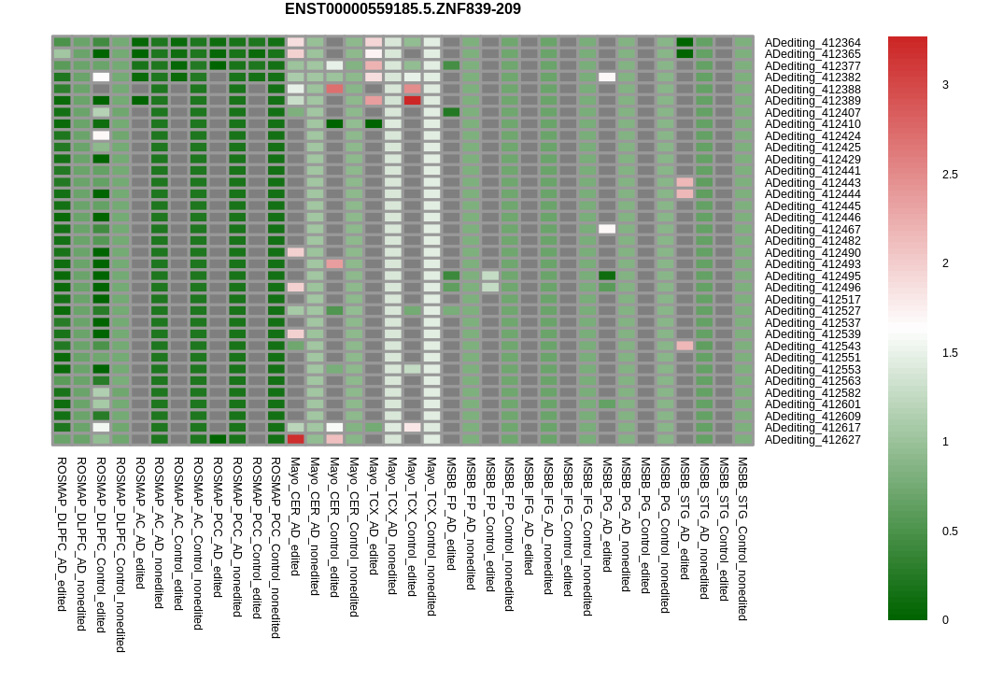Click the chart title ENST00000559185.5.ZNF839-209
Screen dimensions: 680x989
(x=403, y=9)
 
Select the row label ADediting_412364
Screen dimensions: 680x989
(x=812, y=43)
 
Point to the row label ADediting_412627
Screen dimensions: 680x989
(x=812, y=440)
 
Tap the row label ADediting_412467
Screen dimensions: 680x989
(x=812, y=230)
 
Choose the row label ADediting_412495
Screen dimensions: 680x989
(x=812, y=276)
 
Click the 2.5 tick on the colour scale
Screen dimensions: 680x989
(x=950, y=175)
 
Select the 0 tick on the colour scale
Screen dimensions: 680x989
(x=945, y=619)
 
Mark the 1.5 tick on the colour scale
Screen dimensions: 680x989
(x=950, y=353)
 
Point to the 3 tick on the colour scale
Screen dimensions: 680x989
(x=945, y=85)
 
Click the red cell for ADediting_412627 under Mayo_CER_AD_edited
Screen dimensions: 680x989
(x=295, y=439)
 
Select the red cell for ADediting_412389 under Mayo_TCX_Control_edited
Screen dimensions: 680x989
(x=412, y=100)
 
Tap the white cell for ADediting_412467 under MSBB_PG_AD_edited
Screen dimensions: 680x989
(x=607, y=229)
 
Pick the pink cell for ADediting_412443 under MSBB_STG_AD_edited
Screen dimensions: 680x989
(x=685, y=182)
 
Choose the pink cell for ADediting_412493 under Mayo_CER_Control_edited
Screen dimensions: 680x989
(x=334, y=264)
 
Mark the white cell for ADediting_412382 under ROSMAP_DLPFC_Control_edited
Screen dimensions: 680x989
(x=101, y=77)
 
